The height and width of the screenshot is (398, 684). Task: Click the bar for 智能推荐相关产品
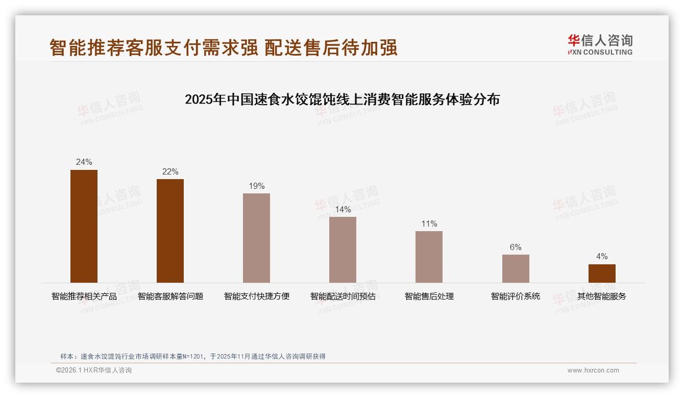pyautogui.click(x=84, y=226)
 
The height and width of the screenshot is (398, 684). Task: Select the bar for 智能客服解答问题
pyautogui.click(x=170, y=231)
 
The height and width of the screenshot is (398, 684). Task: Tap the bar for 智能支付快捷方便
pyautogui.click(x=256, y=238)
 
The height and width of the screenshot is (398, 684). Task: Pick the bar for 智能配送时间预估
pyautogui.click(x=343, y=250)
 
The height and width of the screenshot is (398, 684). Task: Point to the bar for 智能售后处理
pyautogui.click(x=429, y=257)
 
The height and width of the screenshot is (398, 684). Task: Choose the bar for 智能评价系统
pyautogui.click(x=516, y=268)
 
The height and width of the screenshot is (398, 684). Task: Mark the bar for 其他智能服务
pyautogui.click(x=602, y=273)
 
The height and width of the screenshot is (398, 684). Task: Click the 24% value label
pyautogui.click(x=84, y=162)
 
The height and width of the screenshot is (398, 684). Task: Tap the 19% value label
pyautogui.click(x=256, y=186)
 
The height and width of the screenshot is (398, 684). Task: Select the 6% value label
pyautogui.click(x=516, y=247)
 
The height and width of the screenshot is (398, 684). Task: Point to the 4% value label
pyautogui.click(x=602, y=257)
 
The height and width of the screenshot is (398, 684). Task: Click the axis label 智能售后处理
pyautogui.click(x=429, y=296)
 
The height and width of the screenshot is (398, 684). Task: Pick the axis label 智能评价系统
pyautogui.click(x=516, y=296)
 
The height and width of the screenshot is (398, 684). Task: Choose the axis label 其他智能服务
pyautogui.click(x=602, y=296)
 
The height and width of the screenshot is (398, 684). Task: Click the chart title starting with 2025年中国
pyautogui.click(x=342, y=99)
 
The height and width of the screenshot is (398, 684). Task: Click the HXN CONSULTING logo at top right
pyautogui.click(x=600, y=45)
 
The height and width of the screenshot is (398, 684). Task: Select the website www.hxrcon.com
pyautogui.click(x=593, y=370)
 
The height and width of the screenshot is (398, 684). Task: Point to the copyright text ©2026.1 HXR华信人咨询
pyautogui.click(x=94, y=370)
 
